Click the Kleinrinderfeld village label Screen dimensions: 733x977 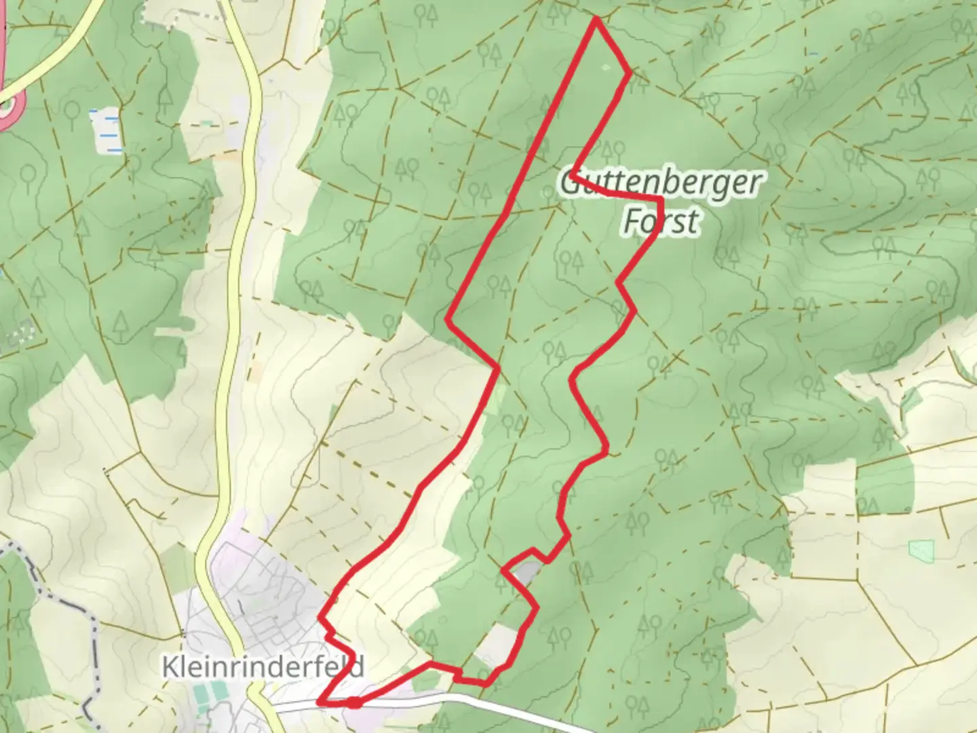coord(262,666)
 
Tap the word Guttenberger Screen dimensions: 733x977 coord(660,183)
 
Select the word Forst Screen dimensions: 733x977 coord(660,222)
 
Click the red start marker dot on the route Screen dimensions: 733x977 coord(354,702)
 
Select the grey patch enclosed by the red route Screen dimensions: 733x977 coord(526,574)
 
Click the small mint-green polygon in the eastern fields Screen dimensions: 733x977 coord(921,550)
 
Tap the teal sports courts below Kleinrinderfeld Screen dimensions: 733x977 coord(210,692)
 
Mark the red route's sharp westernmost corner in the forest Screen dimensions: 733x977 coord(448,318)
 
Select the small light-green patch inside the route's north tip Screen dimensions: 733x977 coord(606,67)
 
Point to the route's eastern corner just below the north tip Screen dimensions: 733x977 coord(630,72)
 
